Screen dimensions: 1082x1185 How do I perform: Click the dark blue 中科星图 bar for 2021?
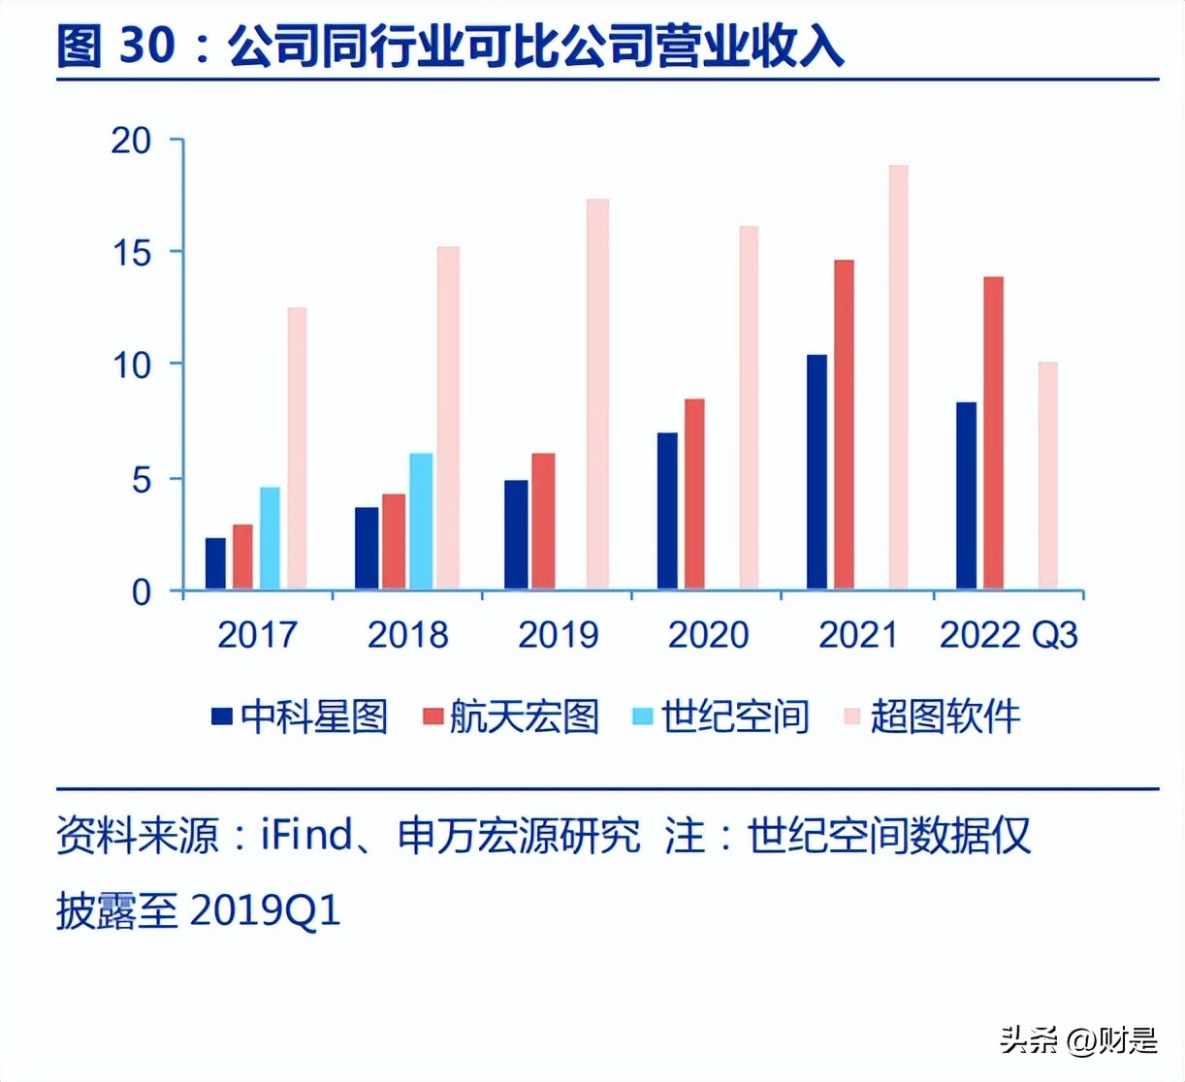pos(817,472)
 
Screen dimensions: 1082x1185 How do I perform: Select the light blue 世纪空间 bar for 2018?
pos(421,522)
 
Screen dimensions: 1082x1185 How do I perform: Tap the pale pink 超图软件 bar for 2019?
pos(597,394)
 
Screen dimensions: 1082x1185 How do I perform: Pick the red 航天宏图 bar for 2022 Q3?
pos(993,433)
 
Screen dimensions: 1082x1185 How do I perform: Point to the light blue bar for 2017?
pos(270,538)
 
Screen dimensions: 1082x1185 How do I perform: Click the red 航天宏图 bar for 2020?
pos(694,493)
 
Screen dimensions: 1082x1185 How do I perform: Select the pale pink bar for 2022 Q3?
pos(1047,475)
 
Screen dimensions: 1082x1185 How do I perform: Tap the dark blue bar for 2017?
pos(215,563)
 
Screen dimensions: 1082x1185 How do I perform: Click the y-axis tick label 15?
pos(133,253)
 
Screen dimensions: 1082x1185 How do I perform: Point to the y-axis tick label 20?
pos(133,141)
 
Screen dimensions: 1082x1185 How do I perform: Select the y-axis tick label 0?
pos(142,591)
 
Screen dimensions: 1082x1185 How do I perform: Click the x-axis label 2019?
pos(559,635)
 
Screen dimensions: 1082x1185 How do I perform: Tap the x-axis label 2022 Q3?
pos(1009,635)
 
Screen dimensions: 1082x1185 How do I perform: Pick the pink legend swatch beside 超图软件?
pos(852,717)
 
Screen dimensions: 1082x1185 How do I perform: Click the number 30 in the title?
pos(147,46)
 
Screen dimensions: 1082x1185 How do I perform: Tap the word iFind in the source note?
pos(306,836)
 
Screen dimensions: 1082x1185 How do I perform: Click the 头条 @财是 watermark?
pos(1078,1041)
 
